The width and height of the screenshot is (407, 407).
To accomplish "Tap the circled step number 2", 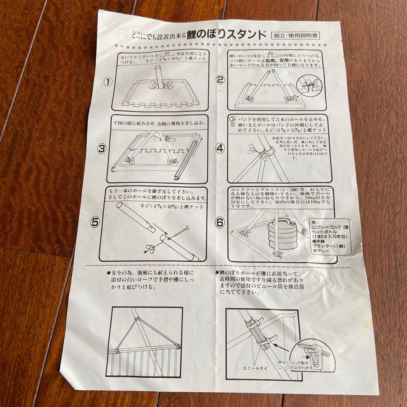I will (x=220, y=80).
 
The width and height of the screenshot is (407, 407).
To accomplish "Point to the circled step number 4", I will (x=220, y=148).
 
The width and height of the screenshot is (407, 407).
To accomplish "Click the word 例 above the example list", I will (x=313, y=222).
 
